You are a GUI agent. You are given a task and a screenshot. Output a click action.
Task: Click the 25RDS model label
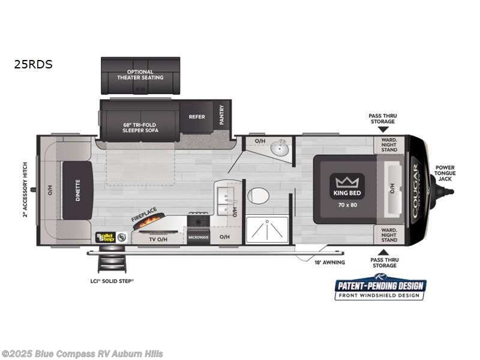[x=34, y=64]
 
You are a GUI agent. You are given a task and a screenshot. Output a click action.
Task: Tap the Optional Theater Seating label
[x=140, y=75]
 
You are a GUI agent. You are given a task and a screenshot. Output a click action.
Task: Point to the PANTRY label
[x=221, y=115]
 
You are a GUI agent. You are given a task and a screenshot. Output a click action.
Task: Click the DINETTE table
[x=77, y=190]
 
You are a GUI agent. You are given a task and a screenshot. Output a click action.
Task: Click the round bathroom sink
[x=280, y=147]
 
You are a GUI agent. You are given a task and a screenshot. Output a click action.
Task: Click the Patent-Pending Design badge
[x=380, y=287]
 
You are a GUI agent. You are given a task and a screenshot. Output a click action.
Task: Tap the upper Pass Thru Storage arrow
[x=383, y=128]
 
